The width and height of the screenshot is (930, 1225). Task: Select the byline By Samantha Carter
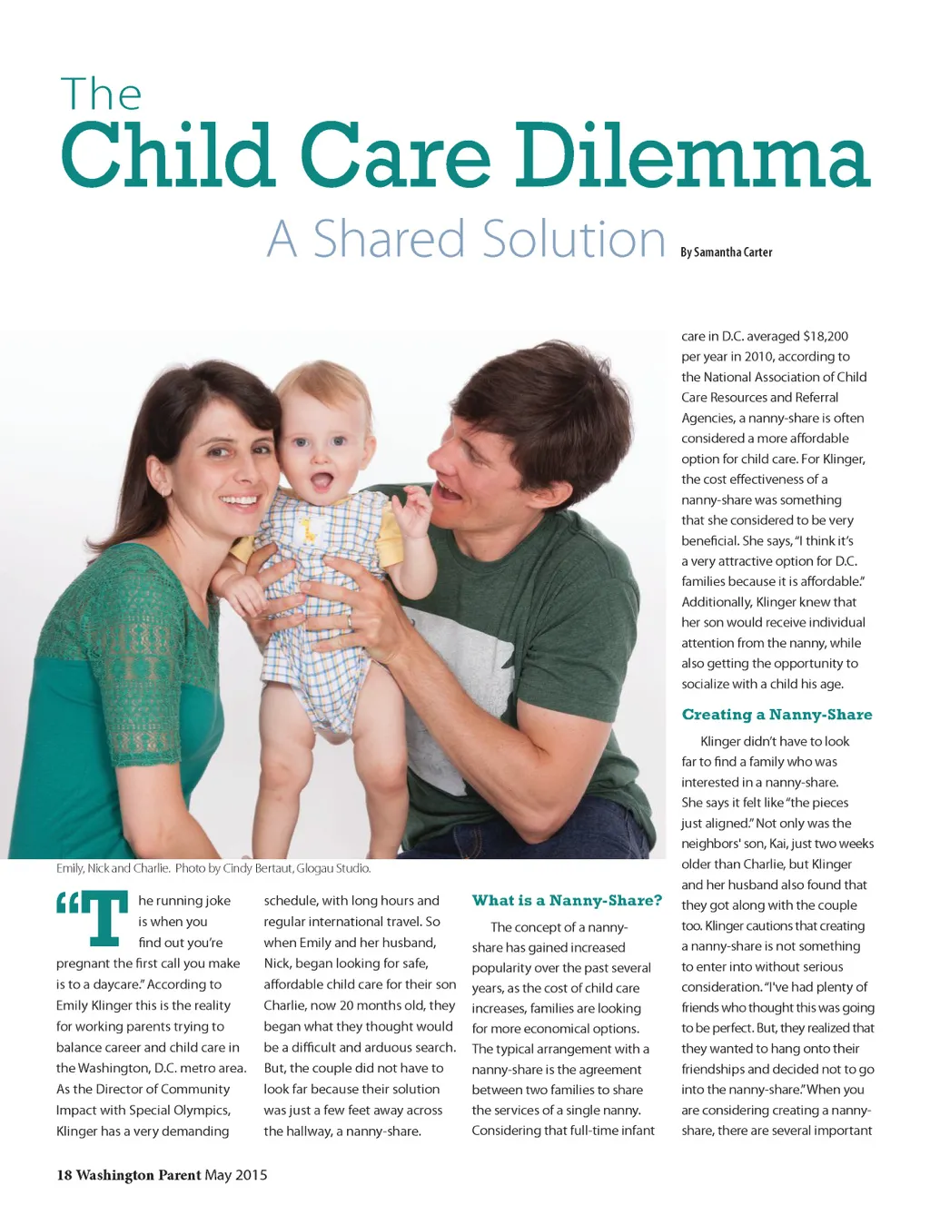click(726, 252)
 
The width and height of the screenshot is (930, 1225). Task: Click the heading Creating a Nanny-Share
click(777, 715)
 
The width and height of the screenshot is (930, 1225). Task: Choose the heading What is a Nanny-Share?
click(567, 901)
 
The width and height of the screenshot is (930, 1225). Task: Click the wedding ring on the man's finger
click(349, 621)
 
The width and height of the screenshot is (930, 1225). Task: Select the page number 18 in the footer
click(64, 1175)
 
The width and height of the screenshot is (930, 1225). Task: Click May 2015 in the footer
click(236, 1175)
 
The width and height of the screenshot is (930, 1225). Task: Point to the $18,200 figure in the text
click(826, 336)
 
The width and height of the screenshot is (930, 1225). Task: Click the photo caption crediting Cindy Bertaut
click(213, 869)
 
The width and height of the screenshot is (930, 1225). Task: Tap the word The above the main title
click(101, 94)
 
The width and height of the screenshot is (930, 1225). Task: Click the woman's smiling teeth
click(239, 499)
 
